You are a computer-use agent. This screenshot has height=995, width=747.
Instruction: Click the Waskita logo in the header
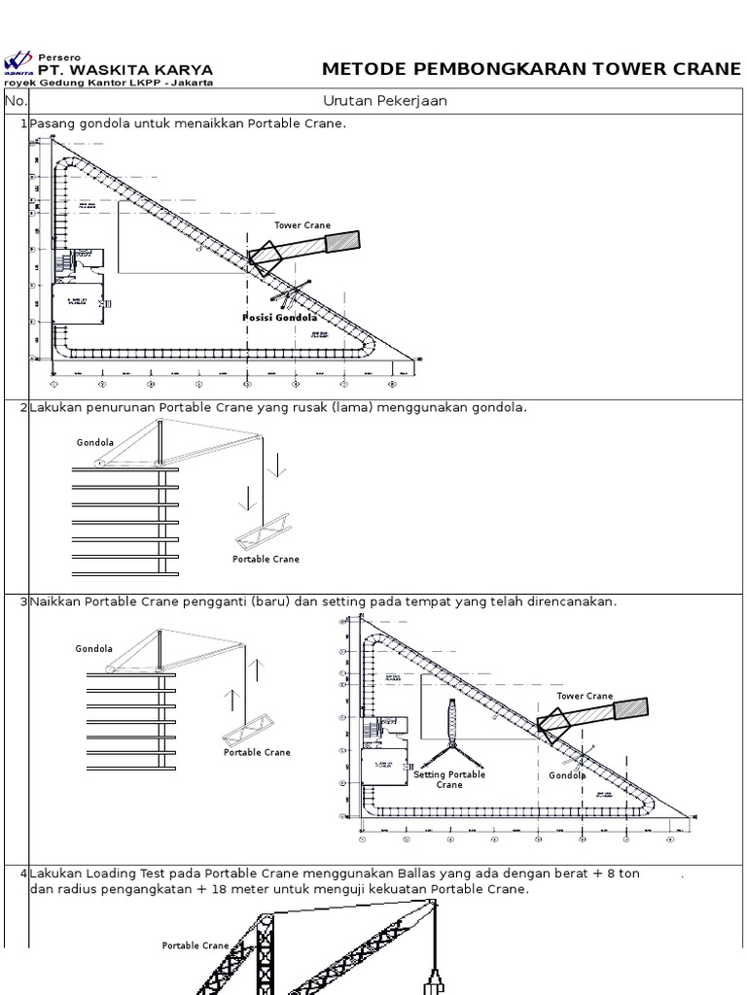(18, 64)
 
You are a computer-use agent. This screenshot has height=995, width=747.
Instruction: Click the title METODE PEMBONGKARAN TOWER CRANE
(531, 69)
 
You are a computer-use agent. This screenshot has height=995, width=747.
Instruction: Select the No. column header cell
(17, 101)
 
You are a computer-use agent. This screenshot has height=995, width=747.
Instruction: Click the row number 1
(22, 124)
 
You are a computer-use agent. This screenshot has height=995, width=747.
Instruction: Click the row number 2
(22, 408)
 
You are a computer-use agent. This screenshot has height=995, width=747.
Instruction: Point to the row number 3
(22, 602)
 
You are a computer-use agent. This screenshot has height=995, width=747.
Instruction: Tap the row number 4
(22, 875)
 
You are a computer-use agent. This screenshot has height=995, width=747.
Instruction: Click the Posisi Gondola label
(279, 318)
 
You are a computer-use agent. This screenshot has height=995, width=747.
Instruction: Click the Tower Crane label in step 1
(302, 225)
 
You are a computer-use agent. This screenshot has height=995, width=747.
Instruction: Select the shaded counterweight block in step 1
(341, 241)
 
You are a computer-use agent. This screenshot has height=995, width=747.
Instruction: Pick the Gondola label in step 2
(95, 443)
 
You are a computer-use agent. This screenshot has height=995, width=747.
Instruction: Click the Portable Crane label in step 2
(266, 560)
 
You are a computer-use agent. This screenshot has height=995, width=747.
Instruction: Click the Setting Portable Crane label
(449, 779)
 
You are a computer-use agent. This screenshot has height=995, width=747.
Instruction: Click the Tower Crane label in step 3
(585, 697)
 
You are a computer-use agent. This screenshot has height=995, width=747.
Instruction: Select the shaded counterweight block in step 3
(629, 709)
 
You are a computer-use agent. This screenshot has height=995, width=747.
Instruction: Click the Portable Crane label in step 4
(196, 945)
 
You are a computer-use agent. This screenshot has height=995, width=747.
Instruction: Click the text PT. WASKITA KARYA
(124, 70)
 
